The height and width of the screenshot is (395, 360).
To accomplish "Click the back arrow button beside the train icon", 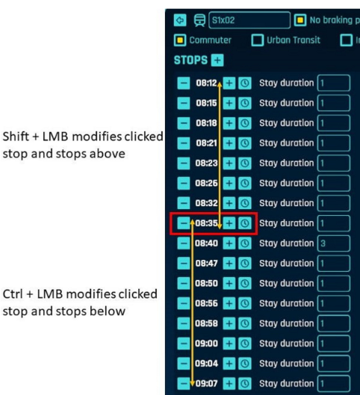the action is point(180,20).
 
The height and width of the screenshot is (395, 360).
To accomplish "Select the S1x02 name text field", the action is point(249,20).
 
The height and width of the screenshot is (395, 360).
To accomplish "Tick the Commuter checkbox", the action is point(180,40).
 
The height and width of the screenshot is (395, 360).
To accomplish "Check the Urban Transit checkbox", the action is point(258,40).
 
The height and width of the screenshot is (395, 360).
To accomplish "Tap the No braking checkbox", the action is point(300,20).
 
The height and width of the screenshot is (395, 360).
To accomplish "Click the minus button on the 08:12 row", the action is point(184,83).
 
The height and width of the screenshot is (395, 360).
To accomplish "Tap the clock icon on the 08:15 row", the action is point(245,103).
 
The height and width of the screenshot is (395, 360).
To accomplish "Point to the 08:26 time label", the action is point(206,183).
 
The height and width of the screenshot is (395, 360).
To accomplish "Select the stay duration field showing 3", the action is point(334,243).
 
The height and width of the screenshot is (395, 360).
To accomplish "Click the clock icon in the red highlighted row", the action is point(245,223).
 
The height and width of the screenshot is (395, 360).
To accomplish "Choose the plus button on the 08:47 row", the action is point(229,264).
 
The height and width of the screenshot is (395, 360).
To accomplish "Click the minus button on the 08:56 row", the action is point(184,303).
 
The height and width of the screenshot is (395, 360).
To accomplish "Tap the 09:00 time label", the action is point(206,343).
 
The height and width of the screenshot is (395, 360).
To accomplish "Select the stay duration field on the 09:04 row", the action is point(334,364).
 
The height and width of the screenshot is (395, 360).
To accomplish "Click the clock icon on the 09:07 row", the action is point(245,383).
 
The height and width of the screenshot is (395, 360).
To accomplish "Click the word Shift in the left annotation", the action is point(16,137).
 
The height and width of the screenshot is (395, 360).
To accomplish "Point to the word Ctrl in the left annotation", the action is point(13,294).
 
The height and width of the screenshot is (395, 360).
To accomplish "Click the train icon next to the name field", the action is point(199,20).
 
